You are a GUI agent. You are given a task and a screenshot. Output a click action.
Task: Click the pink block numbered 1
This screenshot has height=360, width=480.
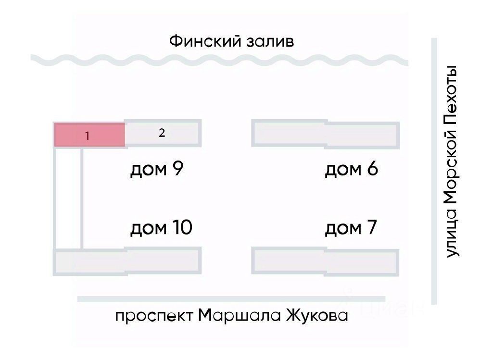click(x=89, y=135)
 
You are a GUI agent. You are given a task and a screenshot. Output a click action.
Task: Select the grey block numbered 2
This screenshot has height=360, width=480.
click(x=162, y=134)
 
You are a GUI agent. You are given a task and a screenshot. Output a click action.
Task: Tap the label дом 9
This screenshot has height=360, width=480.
click(x=157, y=170)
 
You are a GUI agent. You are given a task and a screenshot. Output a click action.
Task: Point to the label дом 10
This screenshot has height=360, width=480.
click(x=161, y=227)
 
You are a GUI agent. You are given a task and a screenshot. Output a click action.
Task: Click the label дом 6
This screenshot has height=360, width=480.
click(x=352, y=170)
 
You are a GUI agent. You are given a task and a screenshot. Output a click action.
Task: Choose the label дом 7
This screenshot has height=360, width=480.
click(x=351, y=227)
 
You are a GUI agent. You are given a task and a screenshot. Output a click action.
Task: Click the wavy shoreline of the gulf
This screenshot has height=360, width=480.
click(x=219, y=60)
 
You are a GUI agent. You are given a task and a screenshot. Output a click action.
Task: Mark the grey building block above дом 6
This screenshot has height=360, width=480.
click(x=326, y=135)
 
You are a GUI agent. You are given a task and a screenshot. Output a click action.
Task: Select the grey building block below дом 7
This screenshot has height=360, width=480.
click(x=326, y=262)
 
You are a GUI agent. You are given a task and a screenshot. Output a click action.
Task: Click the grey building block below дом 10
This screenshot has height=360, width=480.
click(x=127, y=262)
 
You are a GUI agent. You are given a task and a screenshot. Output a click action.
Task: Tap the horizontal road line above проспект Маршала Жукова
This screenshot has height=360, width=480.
click(x=231, y=299)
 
